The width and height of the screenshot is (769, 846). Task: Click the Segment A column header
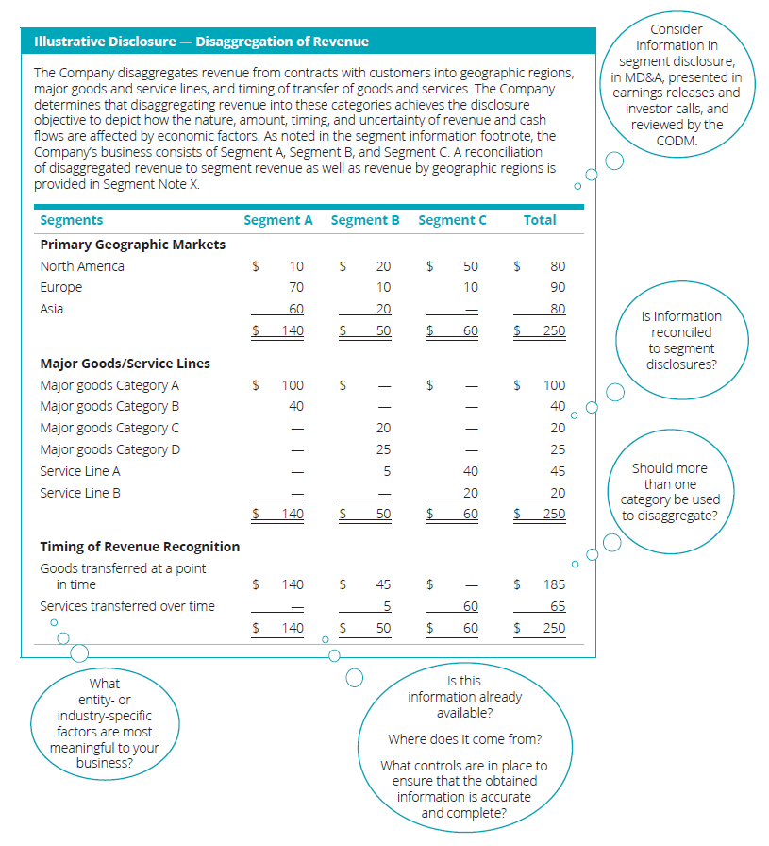tap(277, 220)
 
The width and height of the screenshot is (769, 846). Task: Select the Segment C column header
tap(452, 220)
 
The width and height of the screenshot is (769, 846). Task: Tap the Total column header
tap(540, 220)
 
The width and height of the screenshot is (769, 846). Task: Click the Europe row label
tap(61, 287)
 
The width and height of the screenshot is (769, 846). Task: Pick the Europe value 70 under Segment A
tap(296, 287)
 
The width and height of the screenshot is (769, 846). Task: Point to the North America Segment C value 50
tap(470, 266)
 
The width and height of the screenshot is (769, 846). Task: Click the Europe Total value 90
tap(557, 287)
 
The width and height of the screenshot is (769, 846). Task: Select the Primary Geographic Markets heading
tap(133, 245)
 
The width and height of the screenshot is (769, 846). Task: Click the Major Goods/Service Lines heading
tap(125, 364)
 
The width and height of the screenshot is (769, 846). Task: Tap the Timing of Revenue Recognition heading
tap(140, 547)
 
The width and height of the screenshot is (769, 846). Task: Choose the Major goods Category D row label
tap(110, 449)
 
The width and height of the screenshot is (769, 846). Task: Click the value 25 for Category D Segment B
tap(383, 449)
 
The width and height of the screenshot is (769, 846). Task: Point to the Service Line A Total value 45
tap(557, 471)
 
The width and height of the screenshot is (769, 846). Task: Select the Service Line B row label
tap(80, 493)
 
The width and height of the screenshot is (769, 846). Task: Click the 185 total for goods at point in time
tap(554, 584)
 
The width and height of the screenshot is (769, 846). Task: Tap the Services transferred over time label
tap(127, 606)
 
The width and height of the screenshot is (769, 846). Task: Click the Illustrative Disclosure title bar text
tap(201, 42)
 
